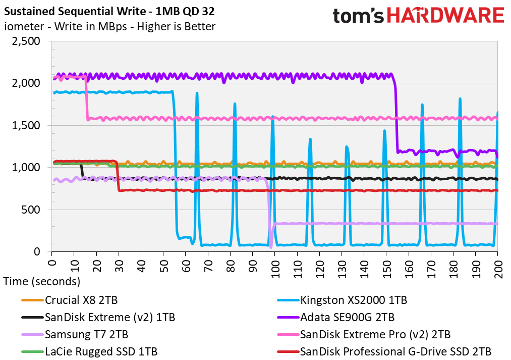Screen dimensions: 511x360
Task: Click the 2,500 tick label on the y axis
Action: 26,41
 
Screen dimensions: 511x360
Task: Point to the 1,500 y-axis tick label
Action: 26,126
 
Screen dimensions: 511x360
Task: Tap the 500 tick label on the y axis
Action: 31,210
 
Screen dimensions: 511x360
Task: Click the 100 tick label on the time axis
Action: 275,269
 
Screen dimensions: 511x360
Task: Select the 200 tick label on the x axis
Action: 498,269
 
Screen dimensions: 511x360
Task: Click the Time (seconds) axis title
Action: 42,281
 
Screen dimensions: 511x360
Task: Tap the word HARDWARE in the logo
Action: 445,15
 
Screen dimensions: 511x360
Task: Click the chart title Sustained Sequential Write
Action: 75,12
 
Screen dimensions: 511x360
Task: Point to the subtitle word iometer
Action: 24,26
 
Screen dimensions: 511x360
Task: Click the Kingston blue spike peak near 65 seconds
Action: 197,93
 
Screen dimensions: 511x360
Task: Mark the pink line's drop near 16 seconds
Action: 87,98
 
